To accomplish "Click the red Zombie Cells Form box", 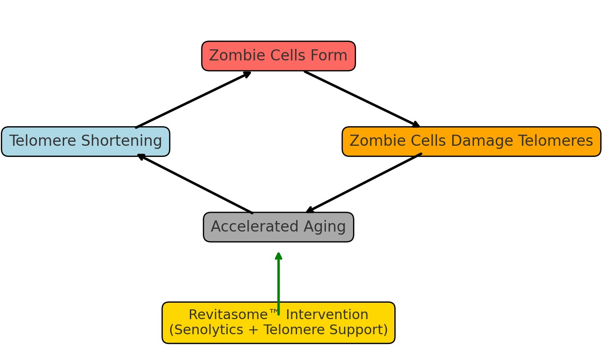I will point(278,56).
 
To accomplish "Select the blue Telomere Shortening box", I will point(85,141).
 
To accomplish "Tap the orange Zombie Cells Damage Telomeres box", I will point(471,141).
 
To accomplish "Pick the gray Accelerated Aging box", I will point(278,227).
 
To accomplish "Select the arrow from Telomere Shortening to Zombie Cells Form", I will point(193,100).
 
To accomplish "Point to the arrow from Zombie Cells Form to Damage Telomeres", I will point(362,99).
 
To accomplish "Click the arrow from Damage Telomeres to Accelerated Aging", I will point(364,183).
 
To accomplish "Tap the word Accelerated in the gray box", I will point(255,227).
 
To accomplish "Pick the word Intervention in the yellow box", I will point(327,315).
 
